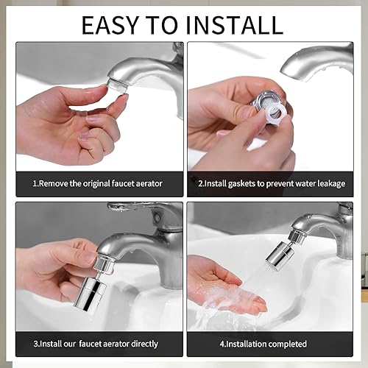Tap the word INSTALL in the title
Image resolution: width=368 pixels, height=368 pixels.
click(x=234, y=25)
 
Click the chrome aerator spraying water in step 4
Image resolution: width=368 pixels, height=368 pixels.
click(x=279, y=255)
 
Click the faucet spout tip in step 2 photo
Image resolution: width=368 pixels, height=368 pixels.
click(x=285, y=69)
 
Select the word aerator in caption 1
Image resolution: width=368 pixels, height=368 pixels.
click(x=149, y=183)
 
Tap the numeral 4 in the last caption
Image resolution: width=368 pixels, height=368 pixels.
click(x=222, y=344)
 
